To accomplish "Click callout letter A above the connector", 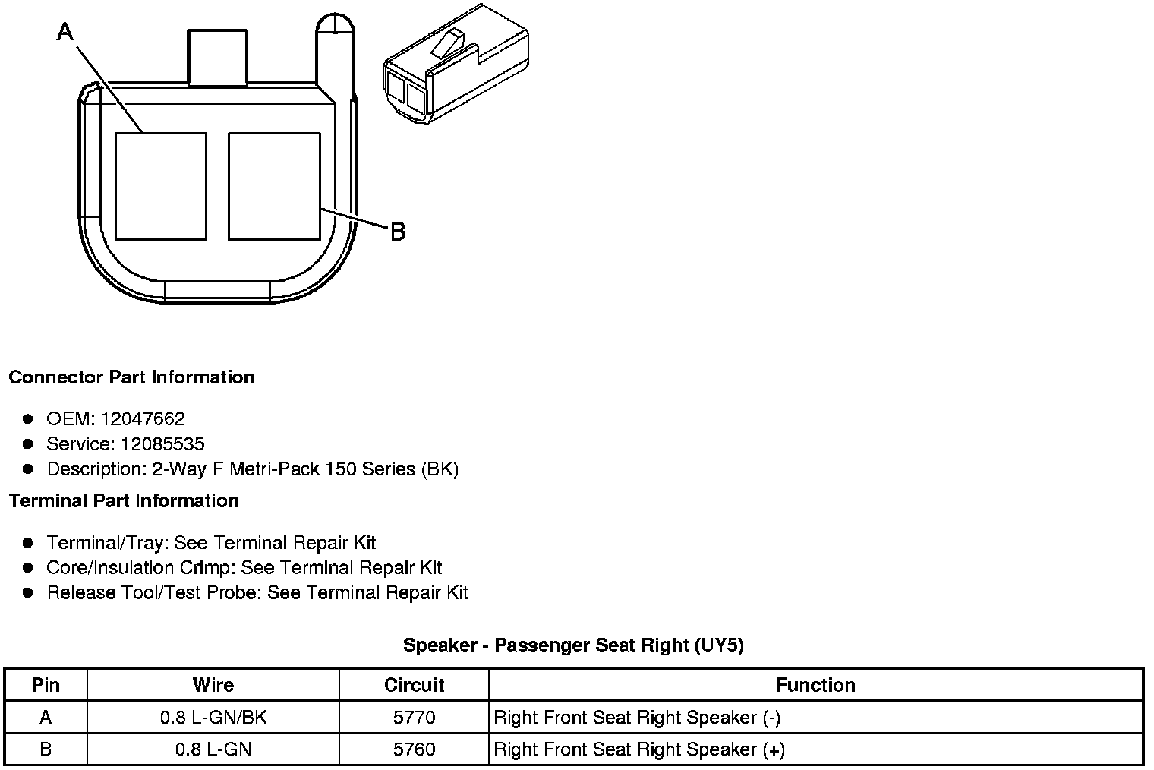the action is [66, 31].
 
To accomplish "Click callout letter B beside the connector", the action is [397, 231].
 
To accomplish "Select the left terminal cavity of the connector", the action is [160, 187].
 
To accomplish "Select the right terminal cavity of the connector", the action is [274, 187].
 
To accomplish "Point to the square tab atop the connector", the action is [217, 57].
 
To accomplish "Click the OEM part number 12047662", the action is [143, 418].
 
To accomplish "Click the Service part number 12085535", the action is [162, 443].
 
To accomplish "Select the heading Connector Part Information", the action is [131, 377].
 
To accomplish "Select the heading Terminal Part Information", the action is [124, 501].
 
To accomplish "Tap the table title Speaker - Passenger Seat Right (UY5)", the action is [573, 645].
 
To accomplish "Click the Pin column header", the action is [46, 685].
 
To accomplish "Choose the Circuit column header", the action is [414, 685].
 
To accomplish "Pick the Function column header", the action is [815, 685].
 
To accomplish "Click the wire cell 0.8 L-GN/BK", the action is [213, 718].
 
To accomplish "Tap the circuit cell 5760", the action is [414, 749].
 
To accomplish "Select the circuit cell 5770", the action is [414, 718].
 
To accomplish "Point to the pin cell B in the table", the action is [46, 749].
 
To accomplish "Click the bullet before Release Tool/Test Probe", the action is [28, 592].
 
